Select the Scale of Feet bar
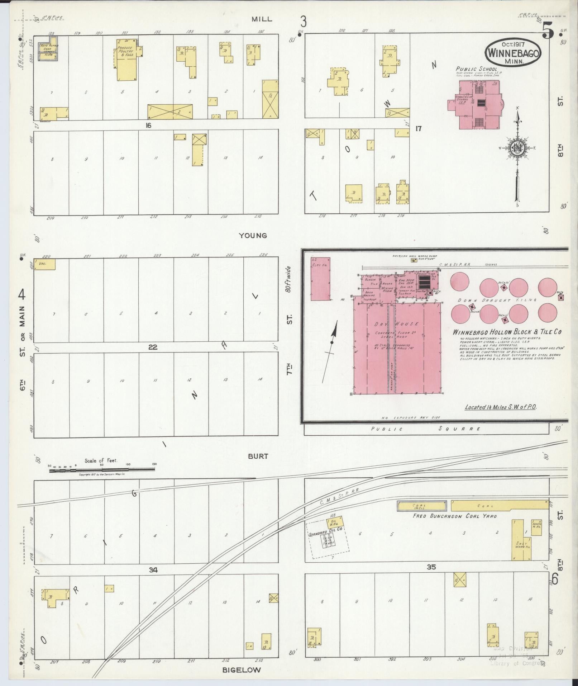pyautogui.click(x=102, y=469)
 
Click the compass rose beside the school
pyautogui.click(x=517, y=147)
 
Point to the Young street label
pyautogui.click(x=253, y=236)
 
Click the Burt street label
pyautogui.click(x=258, y=456)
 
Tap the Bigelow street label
pyautogui.click(x=241, y=670)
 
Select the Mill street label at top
pyautogui.click(x=261, y=19)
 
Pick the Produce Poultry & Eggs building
pyautogui.click(x=126, y=61)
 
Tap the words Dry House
pyautogui.click(x=396, y=324)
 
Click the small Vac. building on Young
pyautogui.click(x=45, y=264)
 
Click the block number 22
pyautogui.click(x=153, y=347)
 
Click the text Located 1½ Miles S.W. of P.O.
pyautogui.click(x=500, y=407)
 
